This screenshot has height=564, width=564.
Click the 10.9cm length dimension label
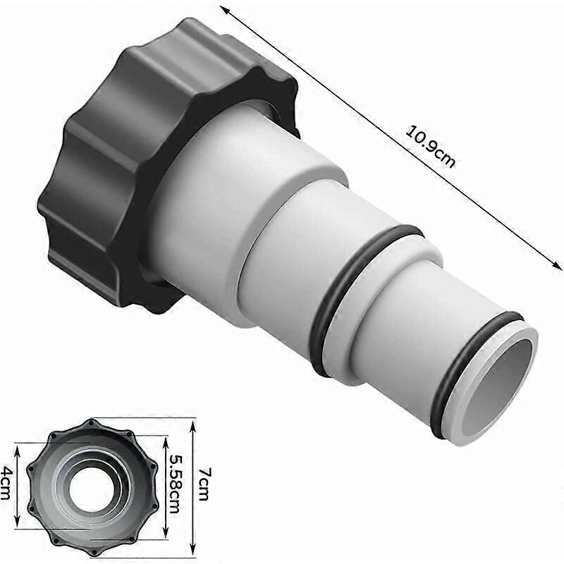pos(429,146)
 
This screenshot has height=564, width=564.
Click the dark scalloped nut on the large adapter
pos(99,176)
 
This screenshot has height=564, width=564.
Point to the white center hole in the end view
pos(90,486)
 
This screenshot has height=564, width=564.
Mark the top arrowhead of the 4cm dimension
pos(17,446)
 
